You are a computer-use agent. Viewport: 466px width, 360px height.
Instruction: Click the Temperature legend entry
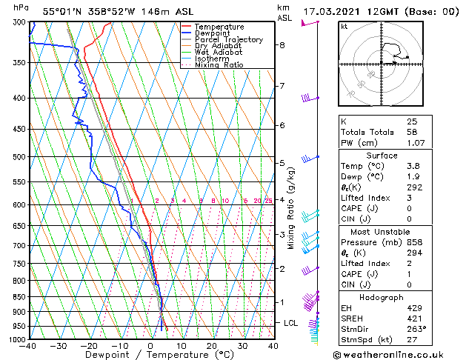219,27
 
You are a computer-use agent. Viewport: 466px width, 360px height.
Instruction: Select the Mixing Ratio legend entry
219,65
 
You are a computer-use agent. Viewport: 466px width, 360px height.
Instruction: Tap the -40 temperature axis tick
29,346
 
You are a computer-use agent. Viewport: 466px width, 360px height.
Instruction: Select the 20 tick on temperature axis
212,346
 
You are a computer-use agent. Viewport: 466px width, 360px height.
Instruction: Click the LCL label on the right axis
291,323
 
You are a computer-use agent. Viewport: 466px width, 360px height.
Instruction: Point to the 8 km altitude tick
282,45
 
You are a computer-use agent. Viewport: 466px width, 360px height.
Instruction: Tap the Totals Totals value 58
411,132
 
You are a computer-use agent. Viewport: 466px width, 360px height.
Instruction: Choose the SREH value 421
413,318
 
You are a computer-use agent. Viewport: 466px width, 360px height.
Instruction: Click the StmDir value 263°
416,329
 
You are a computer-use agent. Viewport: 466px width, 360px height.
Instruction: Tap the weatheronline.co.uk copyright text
388,355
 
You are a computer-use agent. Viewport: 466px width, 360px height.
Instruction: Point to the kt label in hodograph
344,26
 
